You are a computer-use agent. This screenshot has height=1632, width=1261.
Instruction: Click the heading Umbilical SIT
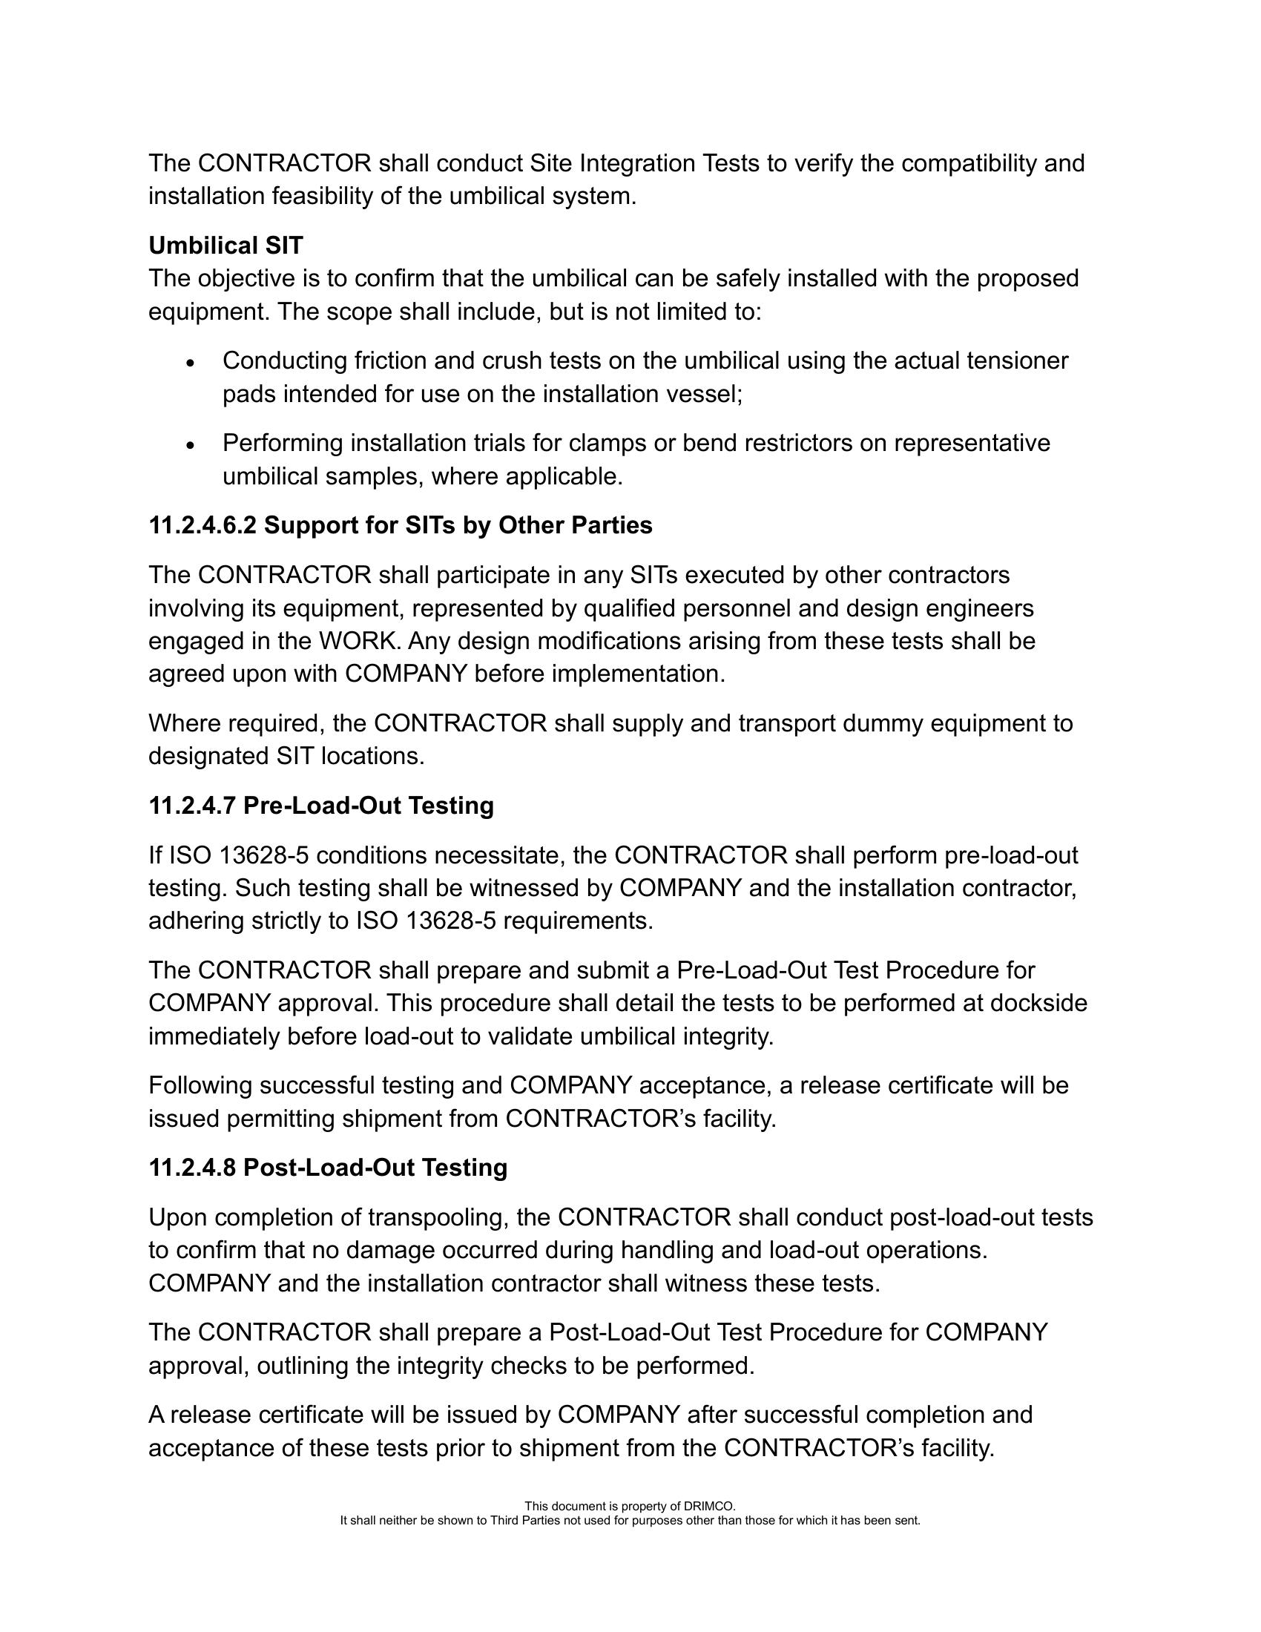(x=225, y=245)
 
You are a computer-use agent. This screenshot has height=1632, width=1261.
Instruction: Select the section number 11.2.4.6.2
(x=203, y=525)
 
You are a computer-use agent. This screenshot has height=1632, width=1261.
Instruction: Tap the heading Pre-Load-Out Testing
(x=369, y=806)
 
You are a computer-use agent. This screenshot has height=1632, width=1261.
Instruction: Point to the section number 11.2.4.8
(x=193, y=1168)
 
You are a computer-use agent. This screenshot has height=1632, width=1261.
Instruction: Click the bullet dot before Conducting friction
(x=191, y=363)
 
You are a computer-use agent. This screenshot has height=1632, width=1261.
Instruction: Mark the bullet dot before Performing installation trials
(x=191, y=445)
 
